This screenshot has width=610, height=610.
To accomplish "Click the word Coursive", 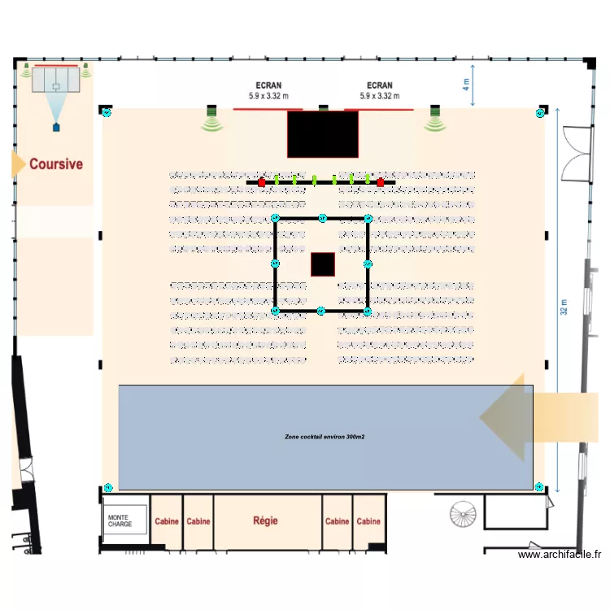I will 56,164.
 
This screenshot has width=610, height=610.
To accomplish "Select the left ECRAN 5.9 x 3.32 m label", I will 269,90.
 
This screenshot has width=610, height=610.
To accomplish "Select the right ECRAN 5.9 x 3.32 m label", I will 380,90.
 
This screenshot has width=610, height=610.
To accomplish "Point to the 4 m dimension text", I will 466,83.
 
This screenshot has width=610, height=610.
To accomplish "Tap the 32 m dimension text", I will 562,308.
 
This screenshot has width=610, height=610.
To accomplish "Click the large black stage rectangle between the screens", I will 323,134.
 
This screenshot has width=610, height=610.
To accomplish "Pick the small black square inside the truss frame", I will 323,264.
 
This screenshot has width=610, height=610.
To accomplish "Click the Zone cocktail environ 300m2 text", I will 325,437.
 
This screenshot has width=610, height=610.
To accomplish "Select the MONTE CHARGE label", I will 120,521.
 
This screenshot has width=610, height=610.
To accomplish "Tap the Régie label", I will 268,521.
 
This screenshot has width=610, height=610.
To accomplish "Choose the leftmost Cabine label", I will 167,521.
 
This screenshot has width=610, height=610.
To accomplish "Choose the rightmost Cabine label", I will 368,521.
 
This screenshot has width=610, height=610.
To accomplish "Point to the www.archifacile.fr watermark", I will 560,555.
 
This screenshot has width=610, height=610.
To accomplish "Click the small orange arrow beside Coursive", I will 17,163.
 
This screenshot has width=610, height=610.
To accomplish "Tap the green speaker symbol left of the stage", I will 212,122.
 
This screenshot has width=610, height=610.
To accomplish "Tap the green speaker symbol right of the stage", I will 434,122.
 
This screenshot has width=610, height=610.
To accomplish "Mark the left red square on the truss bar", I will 262,183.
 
